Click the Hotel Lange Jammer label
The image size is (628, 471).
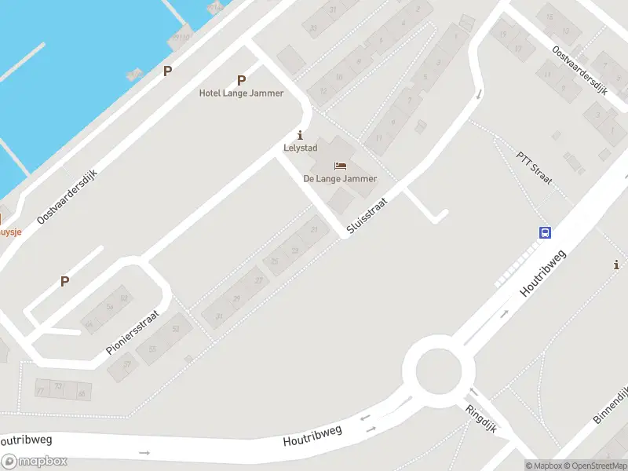[241, 93]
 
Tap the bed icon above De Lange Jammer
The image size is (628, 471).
[340, 166]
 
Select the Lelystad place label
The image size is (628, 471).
[299, 148]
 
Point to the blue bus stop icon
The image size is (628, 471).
[545, 232]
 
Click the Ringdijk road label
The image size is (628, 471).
[484, 422]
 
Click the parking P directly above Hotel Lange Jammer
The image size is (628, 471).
[241, 80]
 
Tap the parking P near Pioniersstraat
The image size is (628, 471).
[65, 281]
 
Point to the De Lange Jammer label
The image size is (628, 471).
[340, 178]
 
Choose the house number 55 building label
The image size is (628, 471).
[152, 349]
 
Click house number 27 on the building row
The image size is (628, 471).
[258, 280]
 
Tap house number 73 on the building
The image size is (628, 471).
[59, 386]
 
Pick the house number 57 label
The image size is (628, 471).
[127, 363]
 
